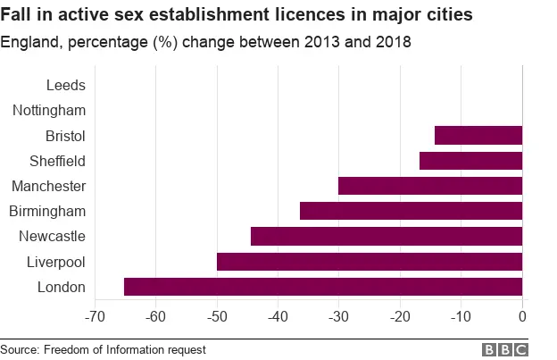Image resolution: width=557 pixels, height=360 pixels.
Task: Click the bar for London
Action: [x=322, y=287]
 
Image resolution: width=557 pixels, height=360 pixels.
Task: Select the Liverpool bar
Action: [x=369, y=262]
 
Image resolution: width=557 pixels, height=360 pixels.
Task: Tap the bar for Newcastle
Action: [x=386, y=237]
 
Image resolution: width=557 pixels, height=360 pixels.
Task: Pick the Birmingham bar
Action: [x=411, y=212]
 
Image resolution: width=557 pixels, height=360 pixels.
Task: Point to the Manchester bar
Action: [x=429, y=186]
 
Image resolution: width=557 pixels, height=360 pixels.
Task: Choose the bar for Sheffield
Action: [x=470, y=161]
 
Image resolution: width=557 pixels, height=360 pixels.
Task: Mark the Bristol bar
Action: [x=478, y=136]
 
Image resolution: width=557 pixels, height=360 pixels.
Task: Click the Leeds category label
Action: [x=64, y=86]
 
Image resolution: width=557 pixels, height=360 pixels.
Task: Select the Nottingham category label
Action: [x=49, y=111]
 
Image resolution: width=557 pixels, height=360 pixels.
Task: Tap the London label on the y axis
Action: [x=61, y=287]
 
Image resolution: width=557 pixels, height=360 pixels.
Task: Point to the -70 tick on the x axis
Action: [x=95, y=316]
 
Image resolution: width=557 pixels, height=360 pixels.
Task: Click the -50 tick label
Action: [x=217, y=316]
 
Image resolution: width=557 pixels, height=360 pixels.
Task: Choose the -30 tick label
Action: [x=338, y=316]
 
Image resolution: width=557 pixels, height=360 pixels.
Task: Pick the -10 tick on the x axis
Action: [x=461, y=316]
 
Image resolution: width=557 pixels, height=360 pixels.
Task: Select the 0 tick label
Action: [x=522, y=316]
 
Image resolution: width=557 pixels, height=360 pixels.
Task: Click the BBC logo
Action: [x=505, y=349]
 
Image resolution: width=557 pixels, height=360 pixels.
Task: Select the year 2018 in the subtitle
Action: [x=391, y=43]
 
